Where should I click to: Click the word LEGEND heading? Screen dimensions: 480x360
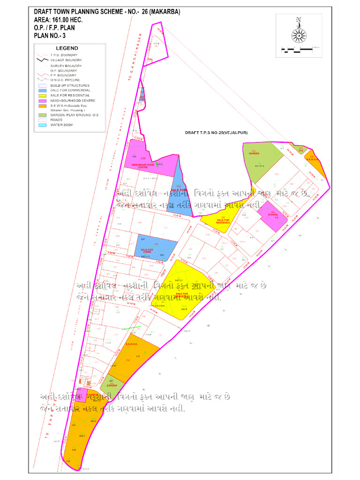(x=67, y=48)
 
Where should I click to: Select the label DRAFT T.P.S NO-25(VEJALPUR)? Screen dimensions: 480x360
(x=216, y=133)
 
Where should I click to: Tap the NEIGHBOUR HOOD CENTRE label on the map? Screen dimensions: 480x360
(x=143, y=166)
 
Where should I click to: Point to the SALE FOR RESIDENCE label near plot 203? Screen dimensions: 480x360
(x=223, y=221)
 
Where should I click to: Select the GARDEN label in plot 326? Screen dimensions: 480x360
(x=254, y=153)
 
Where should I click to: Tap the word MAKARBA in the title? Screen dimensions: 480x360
(x=164, y=12)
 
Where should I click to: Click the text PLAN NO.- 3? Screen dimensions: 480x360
(x=52, y=35)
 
